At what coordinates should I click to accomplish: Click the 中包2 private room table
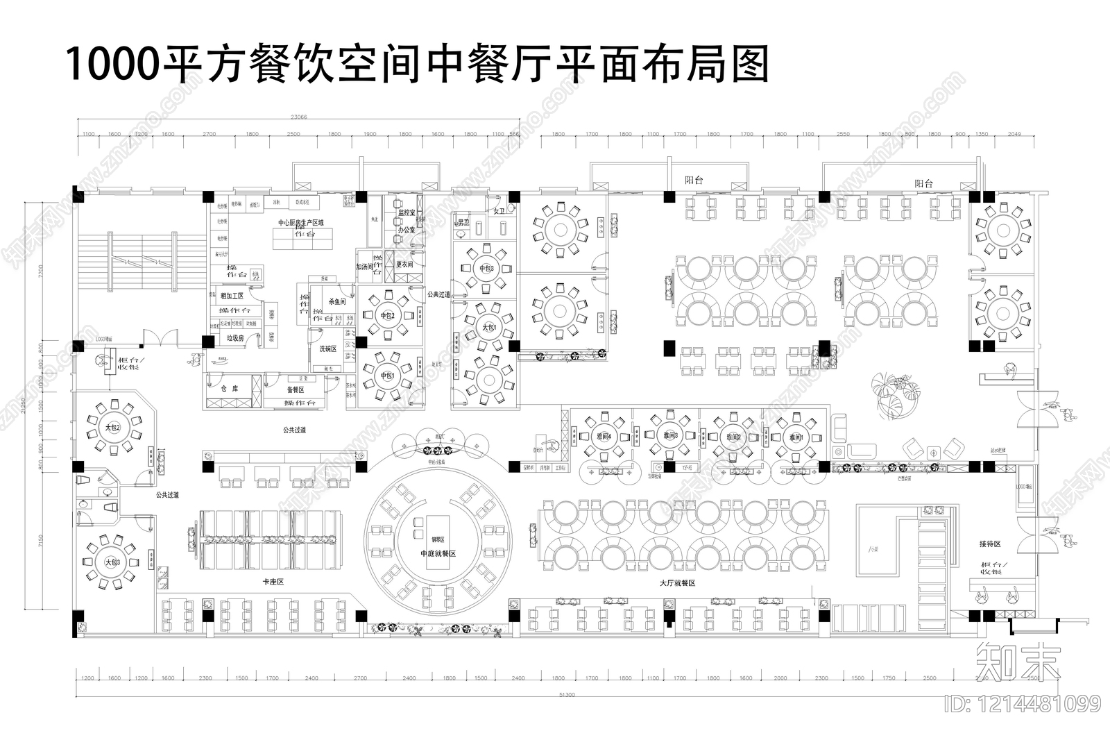pos(387,316)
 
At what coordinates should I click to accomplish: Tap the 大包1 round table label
pos(489,326)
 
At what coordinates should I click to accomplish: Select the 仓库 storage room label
pos(230,389)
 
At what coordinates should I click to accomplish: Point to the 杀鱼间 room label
pos(337,302)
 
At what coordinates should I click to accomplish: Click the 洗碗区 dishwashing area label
pos(327,348)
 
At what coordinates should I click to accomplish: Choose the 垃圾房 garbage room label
pos(236,338)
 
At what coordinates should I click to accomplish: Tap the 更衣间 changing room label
pos(404,264)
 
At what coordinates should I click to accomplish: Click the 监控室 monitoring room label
pos(407,213)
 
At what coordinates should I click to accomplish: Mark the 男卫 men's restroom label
pos(463,223)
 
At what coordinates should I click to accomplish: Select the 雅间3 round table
pos(669,435)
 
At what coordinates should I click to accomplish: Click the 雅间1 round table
pos(796,437)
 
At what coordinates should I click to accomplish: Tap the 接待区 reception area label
pos(990,544)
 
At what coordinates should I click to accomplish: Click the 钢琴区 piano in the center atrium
pos(438,540)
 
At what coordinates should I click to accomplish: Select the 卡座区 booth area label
pos(273,582)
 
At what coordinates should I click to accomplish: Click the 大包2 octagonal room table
pos(112,428)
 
